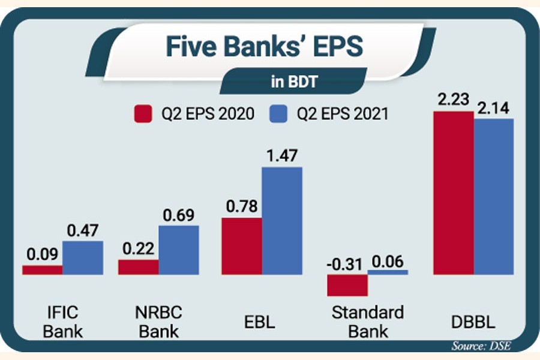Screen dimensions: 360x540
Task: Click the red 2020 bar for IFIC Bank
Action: [42, 270]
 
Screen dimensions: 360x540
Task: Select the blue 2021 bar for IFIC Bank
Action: [82, 258]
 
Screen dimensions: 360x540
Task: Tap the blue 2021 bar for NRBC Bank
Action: [178, 250]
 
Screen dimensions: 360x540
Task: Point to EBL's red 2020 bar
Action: [242, 246]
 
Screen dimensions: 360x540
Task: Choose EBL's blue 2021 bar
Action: [282, 221]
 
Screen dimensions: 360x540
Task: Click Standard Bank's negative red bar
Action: [347, 285]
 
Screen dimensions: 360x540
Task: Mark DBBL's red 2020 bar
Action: [453, 193]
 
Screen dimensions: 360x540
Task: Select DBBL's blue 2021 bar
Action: [493, 197]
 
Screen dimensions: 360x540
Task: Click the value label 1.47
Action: [282, 157]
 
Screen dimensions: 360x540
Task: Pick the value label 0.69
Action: [178, 215]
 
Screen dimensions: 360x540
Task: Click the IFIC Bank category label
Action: [62, 321]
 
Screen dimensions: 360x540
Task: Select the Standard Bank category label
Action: [367, 321]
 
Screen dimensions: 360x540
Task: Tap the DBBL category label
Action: [473, 322]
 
